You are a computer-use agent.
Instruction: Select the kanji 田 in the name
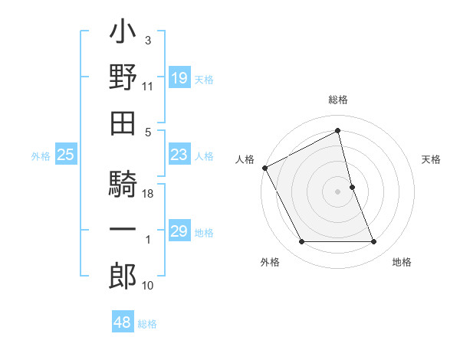123,122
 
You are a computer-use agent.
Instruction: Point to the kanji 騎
123,185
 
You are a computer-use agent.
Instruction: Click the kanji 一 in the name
123,230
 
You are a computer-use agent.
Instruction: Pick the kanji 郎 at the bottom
123,275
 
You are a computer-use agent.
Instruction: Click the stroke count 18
149,195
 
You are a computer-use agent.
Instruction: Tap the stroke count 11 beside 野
148,87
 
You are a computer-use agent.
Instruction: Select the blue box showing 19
179,78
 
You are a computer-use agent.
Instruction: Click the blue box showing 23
179,155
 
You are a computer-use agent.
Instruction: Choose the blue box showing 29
179,231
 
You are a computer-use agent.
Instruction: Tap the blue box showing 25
66,155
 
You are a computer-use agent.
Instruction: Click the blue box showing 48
123,322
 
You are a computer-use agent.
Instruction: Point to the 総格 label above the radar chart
338,100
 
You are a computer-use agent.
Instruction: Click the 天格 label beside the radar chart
431,159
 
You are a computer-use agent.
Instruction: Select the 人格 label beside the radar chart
245,159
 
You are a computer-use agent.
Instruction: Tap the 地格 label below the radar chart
402,263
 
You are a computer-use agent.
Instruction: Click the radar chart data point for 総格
338,131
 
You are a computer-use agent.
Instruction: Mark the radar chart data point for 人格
265,168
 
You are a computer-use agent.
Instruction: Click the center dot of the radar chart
338,191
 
